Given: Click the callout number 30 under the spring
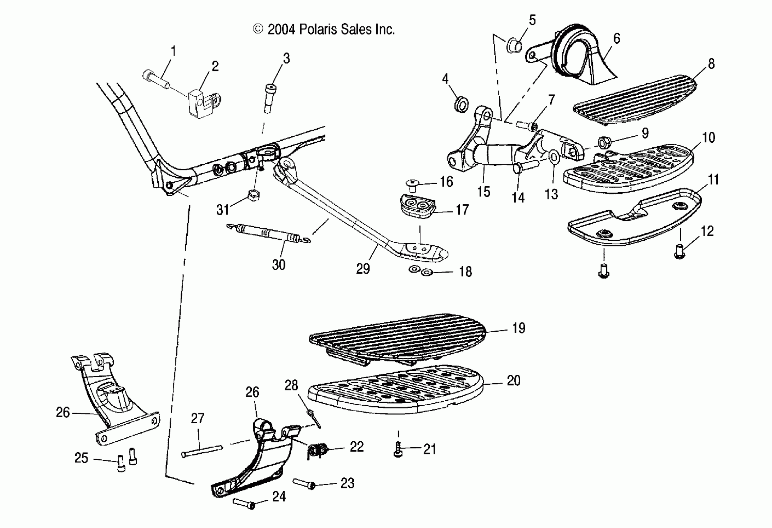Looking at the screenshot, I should (x=278, y=265).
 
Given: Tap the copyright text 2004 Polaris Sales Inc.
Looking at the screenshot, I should (x=324, y=30).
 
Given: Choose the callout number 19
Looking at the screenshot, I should (x=519, y=328).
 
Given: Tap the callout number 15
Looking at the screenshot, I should (x=484, y=192).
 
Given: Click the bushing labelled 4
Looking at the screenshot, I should (x=461, y=104).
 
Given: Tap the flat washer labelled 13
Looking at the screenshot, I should (x=554, y=156).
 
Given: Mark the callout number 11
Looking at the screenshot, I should (x=713, y=180).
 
